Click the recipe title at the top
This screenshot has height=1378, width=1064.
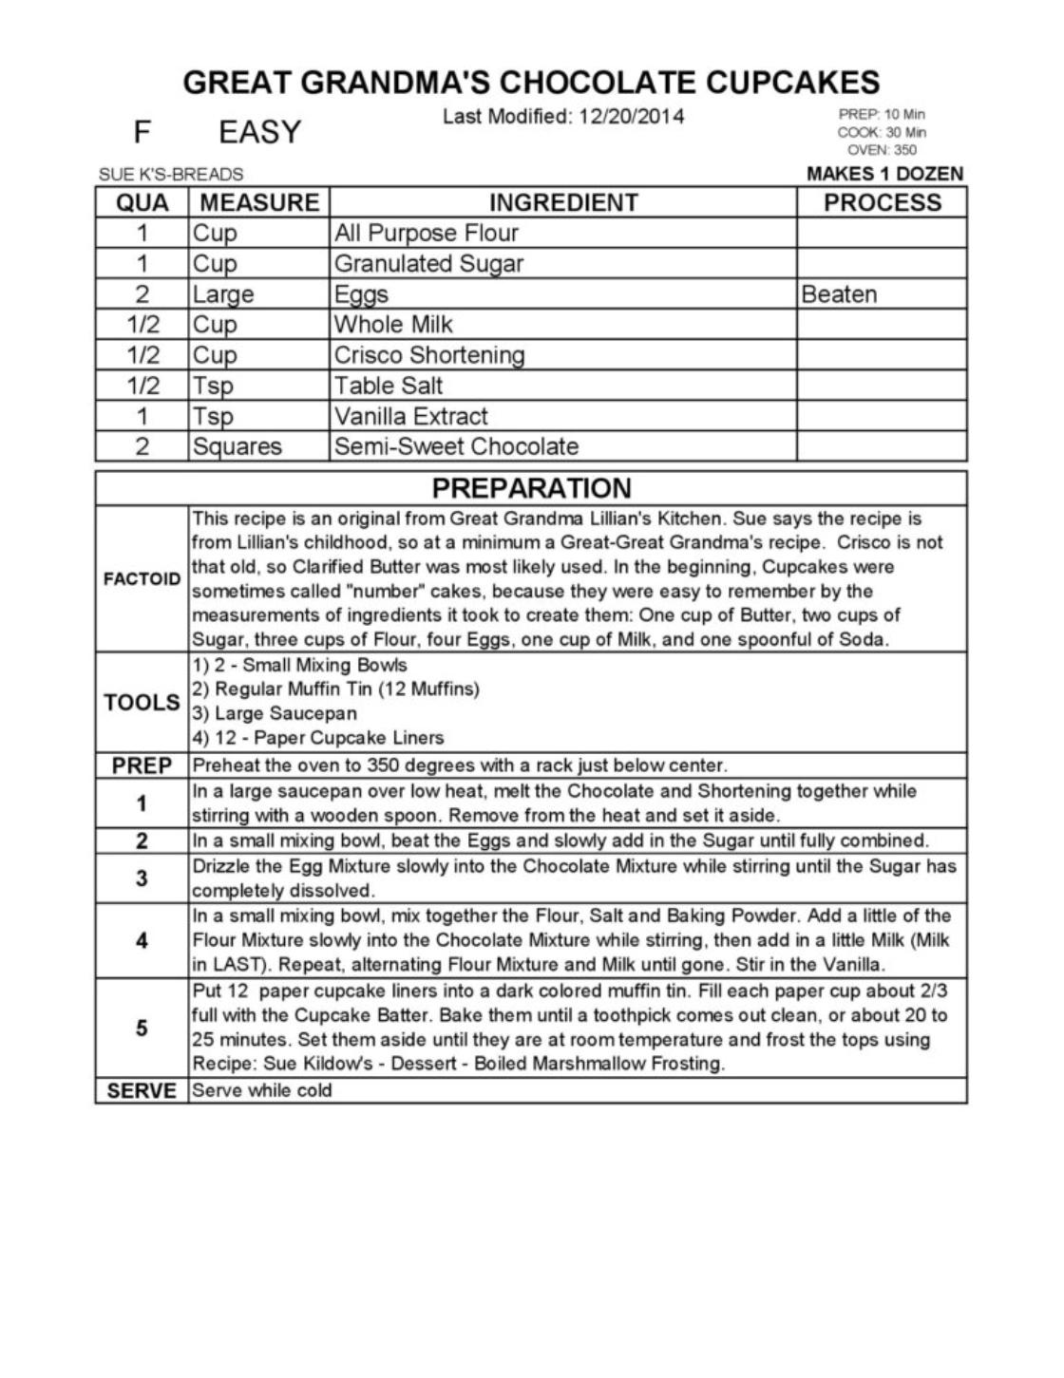pyautogui.click(x=531, y=82)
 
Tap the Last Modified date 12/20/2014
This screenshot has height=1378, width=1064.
pyautogui.click(x=563, y=117)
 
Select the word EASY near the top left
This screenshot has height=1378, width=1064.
pyautogui.click(x=259, y=132)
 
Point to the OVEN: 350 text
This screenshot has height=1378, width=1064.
pyautogui.click(x=882, y=150)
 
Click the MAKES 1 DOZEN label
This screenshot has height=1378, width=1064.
pyautogui.click(x=883, y=174)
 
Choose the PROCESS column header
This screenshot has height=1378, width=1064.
pyautogui.click(x=882, y=202)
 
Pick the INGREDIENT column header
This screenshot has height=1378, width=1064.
pyautogui.click(x=563, y=202)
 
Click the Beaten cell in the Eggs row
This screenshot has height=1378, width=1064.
pyautogui.click(x=839, y=294)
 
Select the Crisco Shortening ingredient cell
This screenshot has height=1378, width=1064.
pyautogui.click(x=428, y=355)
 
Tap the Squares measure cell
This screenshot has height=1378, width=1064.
pyautogui.click(x=237, y=446)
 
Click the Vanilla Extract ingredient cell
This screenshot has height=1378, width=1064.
pyautogui.click(x=410, y=416)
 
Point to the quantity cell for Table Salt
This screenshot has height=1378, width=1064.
pyautogui.click(x=142, y=386)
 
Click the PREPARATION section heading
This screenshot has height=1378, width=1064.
pyautogui.click(x=531, y=488)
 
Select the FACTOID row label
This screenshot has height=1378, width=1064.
pyautogui.click(x=142, y=579)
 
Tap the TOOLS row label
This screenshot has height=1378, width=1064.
pyautogui.click(x=142, y=703)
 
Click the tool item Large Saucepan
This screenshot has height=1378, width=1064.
pyautogui.click(x=275, y=713)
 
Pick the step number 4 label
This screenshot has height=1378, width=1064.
pyautogui.click(x=142, y=941)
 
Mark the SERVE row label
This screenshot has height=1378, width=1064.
pyautogui.click(x=142, y=1091)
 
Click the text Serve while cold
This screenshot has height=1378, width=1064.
pyautogui.click(x=262, y=1090)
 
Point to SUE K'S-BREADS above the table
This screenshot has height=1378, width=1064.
pyautogui.click(x=171, y=175)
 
